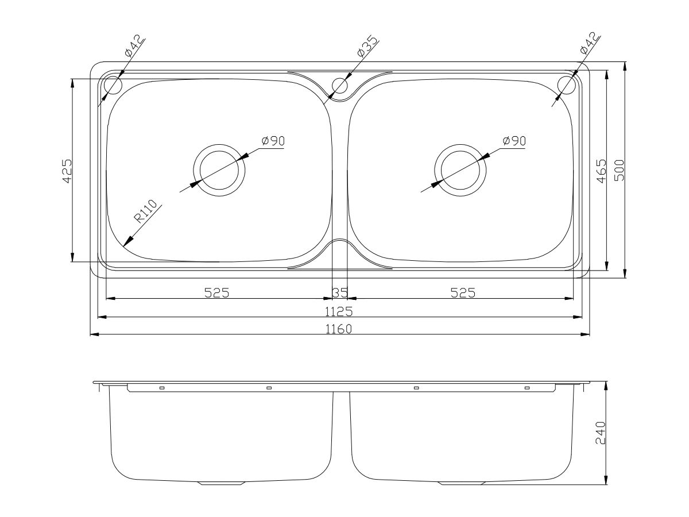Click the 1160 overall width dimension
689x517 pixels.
(340, 329)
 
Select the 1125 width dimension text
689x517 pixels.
(340, 311)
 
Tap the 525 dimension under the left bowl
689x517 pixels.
(217, 293)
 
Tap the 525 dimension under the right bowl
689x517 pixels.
(463, 293)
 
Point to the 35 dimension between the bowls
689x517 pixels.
(340, 293)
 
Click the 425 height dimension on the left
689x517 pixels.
(67, 171)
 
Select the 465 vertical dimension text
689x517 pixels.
(601, 171)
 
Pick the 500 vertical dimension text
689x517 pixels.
(619, 171)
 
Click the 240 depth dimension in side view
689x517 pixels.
(601, 434)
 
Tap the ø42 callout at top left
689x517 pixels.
(134, 46)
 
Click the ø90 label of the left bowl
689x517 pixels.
(273, 141)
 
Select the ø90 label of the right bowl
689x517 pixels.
(513, 141)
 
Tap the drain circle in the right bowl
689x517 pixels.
(461, 171)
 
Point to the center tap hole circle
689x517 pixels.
(340, 86)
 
